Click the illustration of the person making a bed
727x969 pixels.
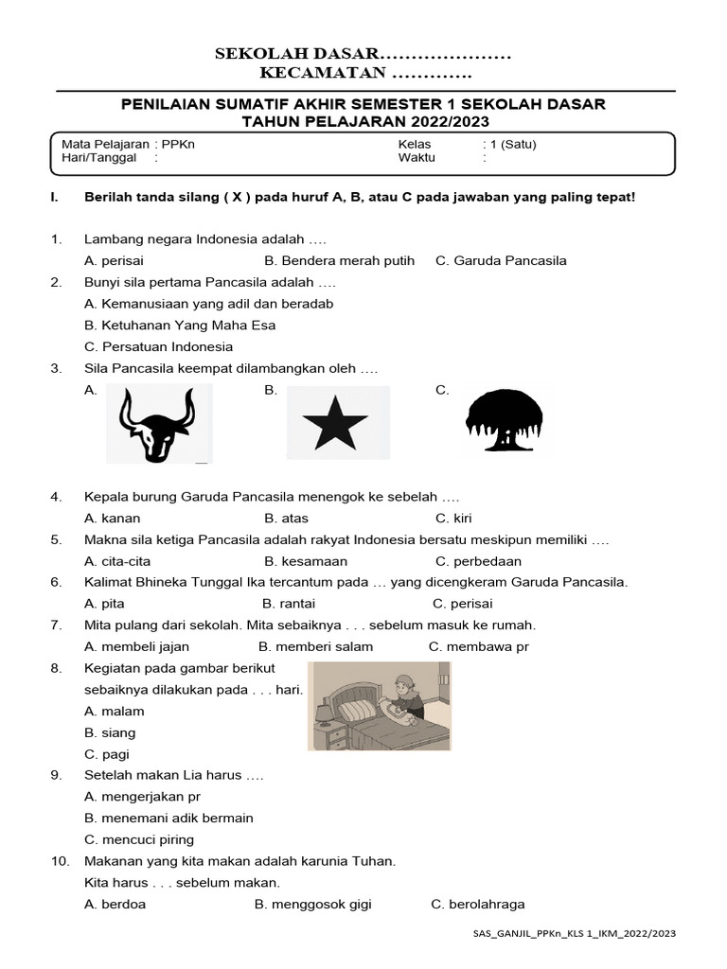[x=379, y=706]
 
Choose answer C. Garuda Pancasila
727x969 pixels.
[x=501, y=260]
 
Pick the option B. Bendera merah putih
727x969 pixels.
[x=339, y=260]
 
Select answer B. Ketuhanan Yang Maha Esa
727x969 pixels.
[x=180, y=325]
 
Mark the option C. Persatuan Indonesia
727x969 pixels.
[x=158, y=346]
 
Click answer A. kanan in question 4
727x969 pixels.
[x=105, y=518]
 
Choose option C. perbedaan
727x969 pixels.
[x=478, y=560]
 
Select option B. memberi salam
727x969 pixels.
[x=315, y=646]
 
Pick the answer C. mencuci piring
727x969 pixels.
[x=139, y=839]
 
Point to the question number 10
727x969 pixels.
[x=59, y=861]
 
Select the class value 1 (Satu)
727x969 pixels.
[x=511, y=144]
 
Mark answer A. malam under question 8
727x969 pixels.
[x=107, y=711]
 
